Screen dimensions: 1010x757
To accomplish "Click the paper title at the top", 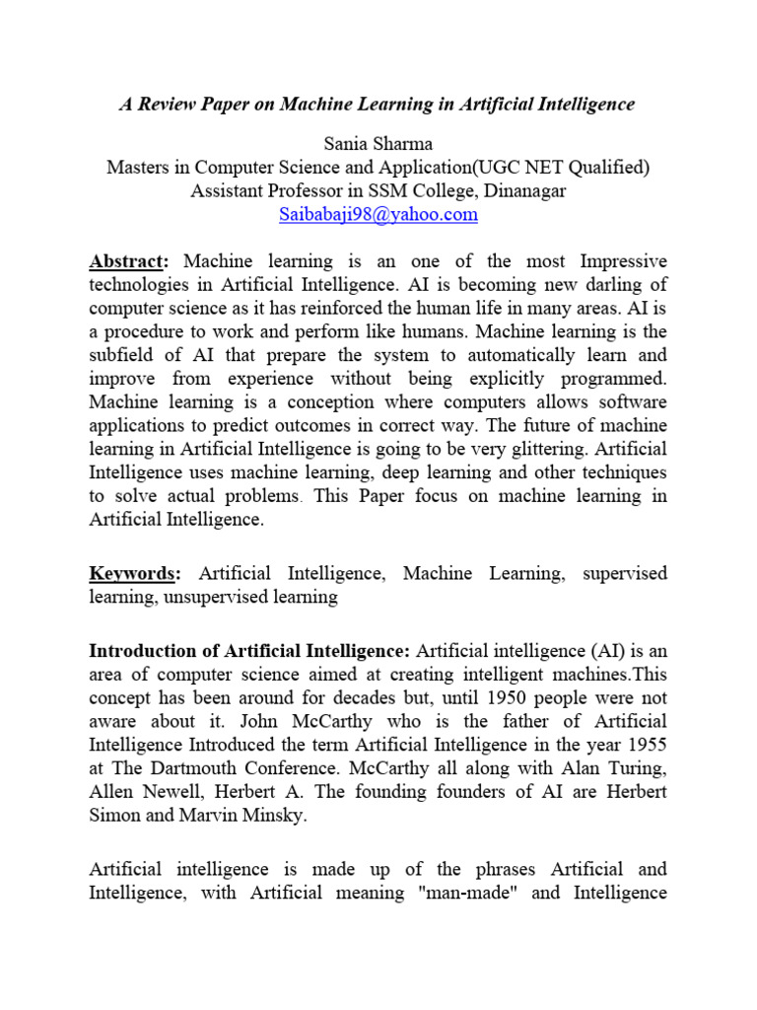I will pos(378,104).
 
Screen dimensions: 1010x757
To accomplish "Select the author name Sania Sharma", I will pos(378,144).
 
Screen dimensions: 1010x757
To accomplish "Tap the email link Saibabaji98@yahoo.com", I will pos(378,214).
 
